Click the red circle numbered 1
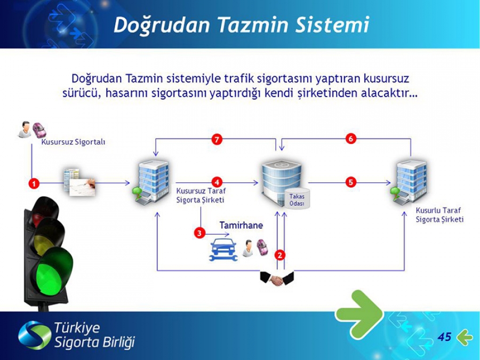pos(34,183)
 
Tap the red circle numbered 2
pos(280,255)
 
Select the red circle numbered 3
pos(199,233)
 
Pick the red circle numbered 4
pos(217,182)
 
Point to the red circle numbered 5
pos(351,182)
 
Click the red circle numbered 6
pos(351,139)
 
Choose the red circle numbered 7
pos(217,140)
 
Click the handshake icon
pos(277,278)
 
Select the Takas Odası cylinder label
pos(297,200)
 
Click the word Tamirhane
pos(241,225)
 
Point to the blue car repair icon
pos(223,250)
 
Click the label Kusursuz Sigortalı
pos(73,142)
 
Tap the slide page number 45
pos(444,337)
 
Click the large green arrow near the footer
pos(359,315)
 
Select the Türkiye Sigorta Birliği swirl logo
pos(34,335)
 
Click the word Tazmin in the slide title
pos(253,25)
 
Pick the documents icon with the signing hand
pos(79,182)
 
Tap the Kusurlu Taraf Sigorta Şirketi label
pos(439,215)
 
